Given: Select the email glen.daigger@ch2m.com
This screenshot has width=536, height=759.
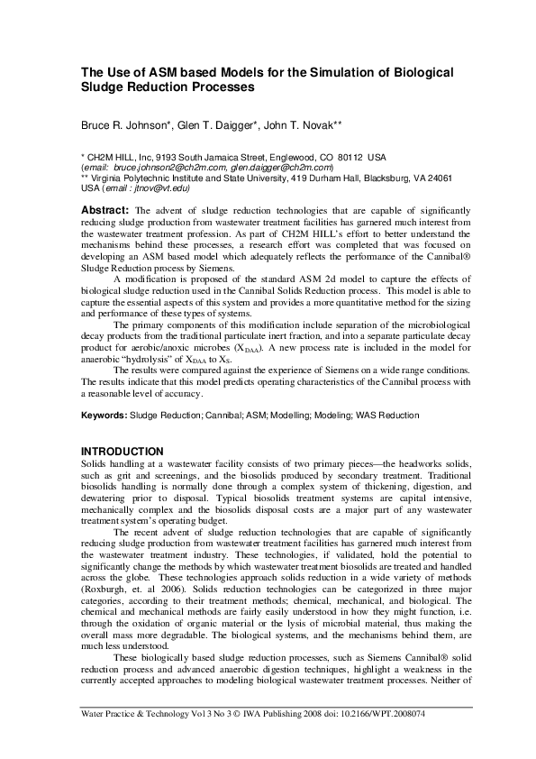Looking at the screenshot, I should [x=280, y=167].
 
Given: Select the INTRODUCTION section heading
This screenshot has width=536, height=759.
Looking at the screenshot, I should [x=123, y=451].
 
